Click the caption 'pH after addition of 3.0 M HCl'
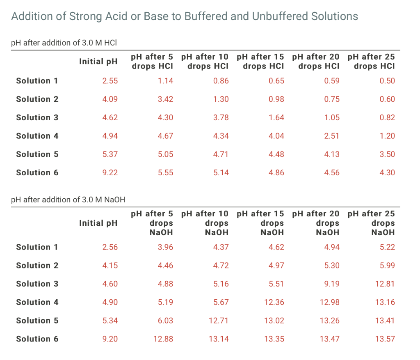pos(64,43)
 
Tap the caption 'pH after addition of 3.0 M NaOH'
pos(68,199)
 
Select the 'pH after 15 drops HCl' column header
pos(260,62)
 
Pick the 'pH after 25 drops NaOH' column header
pos(371,223)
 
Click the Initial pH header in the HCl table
pos(98,62)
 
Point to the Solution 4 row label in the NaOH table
pos(37,302)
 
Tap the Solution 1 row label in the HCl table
pos(37,81)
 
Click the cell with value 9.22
pos(110,173)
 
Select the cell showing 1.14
pos(165,81)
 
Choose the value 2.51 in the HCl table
pos(331,136)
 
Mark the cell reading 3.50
pos(387,154)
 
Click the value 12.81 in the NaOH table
pos(385,284)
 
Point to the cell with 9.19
pos(331,284)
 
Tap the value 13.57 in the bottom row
pos(385,339)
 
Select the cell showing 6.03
pos(165,321)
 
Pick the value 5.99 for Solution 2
pos(387,265)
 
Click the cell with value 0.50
pos(387,81)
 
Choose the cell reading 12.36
pos(274,302)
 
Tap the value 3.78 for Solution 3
pos(221,117)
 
